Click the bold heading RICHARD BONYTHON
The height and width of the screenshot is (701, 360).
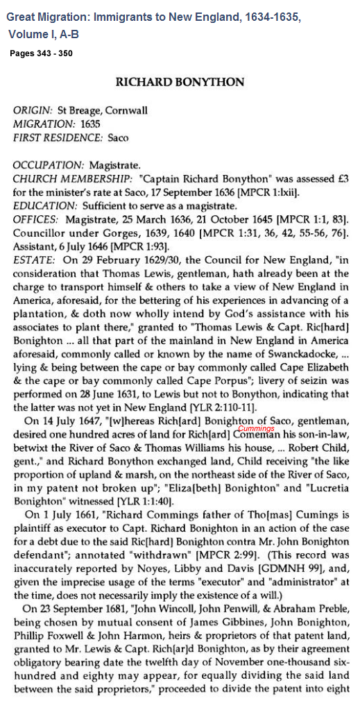click(x=180, y=81)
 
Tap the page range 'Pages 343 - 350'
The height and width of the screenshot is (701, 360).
click(x=40, y=53)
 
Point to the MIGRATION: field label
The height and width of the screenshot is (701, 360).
click(x=43, y=124)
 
